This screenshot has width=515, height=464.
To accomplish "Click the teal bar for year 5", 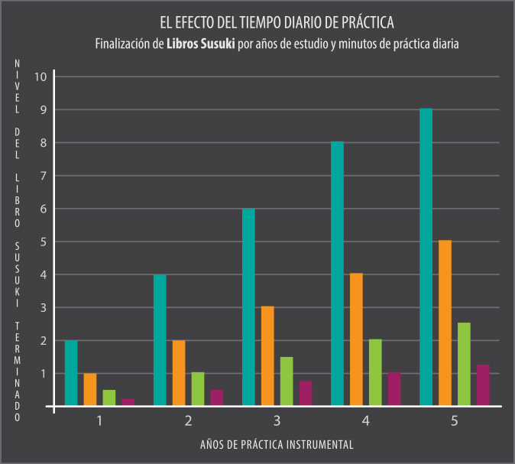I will point(426,257).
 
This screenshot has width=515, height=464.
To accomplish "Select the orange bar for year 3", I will point(267,355).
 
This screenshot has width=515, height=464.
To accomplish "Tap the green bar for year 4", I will point(375,372).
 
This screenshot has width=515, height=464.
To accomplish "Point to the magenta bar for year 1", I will point(128,402).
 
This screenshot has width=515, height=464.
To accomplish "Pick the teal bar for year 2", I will point(160,339).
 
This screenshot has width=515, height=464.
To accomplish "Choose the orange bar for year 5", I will point(445,323).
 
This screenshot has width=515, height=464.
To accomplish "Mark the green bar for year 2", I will point(198,388).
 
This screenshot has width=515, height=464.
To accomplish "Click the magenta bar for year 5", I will point(483,385).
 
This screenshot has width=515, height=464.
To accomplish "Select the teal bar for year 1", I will point(71,372).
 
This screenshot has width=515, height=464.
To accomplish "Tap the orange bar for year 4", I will point(356,339).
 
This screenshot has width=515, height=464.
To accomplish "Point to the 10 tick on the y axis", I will point(41,76).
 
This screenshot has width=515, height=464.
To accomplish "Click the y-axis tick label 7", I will point(44,176).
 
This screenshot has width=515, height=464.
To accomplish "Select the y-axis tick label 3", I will point(44,308).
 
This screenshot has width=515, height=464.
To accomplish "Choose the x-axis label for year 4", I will point(365,420).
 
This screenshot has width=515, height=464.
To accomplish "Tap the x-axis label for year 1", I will point(99,420).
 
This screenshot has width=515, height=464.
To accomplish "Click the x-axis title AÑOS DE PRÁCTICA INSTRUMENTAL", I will point(277,444).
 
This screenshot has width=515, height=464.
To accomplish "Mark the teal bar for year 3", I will point(248,307).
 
